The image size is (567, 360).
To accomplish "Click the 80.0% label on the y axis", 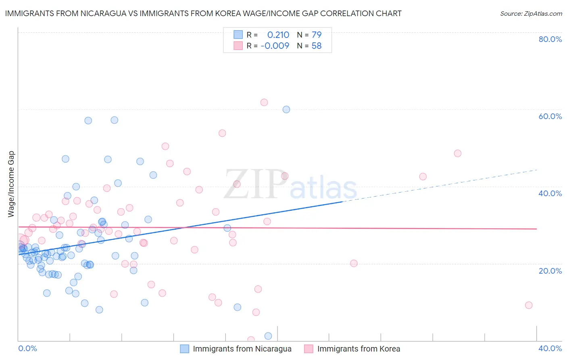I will coord(550,39).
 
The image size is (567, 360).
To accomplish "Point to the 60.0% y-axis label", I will coord(550,116).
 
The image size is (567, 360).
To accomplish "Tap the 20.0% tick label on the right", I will coord(550,270).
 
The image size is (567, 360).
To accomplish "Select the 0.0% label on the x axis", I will coord(27,348).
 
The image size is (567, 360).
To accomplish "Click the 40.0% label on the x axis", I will coord(550,348).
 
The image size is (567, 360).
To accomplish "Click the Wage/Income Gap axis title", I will coord(11,184).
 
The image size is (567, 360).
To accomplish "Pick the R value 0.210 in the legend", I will coord(278,35).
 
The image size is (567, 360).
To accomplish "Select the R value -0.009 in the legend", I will coord(275,46).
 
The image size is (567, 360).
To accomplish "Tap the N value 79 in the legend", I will coord(317,35).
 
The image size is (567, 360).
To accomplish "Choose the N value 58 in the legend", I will coord(317,46).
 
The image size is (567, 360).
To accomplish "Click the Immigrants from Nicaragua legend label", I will coord(242,349).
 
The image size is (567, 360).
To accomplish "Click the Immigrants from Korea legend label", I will coord(359,349).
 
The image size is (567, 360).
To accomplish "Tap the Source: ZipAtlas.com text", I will coord(531,14).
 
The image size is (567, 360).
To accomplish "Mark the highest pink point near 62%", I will coord(264,103).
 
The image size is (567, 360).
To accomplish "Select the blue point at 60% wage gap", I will coord(286,109).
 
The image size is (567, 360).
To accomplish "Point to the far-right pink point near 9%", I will coord(529,305).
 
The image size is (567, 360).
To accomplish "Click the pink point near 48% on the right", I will coord(457,153).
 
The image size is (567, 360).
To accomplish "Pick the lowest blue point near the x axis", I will coord(268,336).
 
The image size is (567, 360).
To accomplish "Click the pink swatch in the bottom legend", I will coord(309,349).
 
